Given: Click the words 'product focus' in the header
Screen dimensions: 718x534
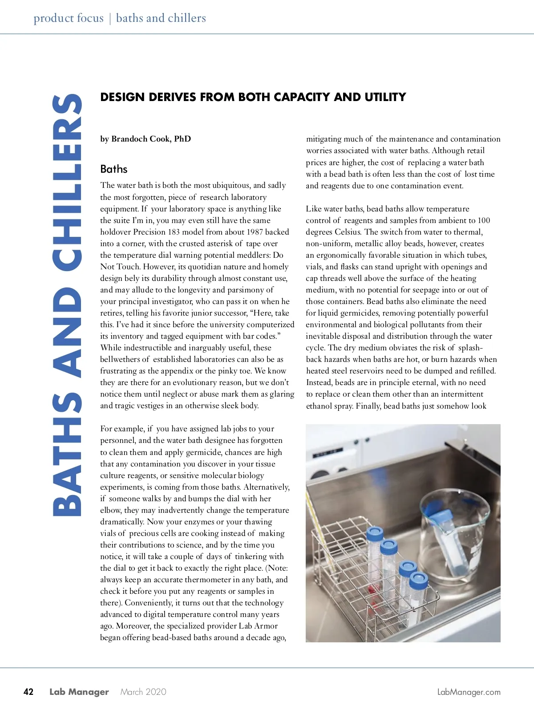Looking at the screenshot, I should point(68,18).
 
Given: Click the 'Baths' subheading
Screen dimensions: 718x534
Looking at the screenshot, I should point(114,169).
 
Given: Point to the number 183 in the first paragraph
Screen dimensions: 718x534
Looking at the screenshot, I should point(173,232).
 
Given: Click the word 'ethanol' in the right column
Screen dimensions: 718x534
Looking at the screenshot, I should point(319,406).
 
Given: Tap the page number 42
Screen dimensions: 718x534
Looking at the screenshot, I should point(28,692).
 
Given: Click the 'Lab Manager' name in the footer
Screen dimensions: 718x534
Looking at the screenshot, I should point(79,692).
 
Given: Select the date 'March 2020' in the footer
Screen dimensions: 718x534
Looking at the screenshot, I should point(143,692).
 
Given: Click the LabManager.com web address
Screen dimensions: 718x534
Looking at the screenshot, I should point(469,692).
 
